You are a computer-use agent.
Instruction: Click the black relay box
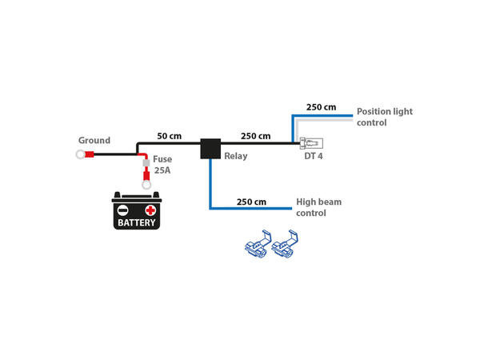[x=210, y=148]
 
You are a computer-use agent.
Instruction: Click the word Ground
[x=94, y=140]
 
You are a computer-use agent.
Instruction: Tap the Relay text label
[x=236, y=156]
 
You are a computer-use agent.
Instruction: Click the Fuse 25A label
[x=162, y=165]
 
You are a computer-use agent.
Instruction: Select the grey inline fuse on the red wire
[x=146, y=163]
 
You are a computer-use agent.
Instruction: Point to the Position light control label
[x=384, y=117]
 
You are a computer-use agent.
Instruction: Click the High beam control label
[x=318, y=207]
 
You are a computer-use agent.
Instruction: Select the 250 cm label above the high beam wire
[x=252, y=202]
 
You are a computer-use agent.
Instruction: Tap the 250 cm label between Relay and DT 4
[x=256, y=136]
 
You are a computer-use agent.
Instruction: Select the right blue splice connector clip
[x=286, y=246]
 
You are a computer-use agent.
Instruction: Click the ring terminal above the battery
[x=146, y=185]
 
